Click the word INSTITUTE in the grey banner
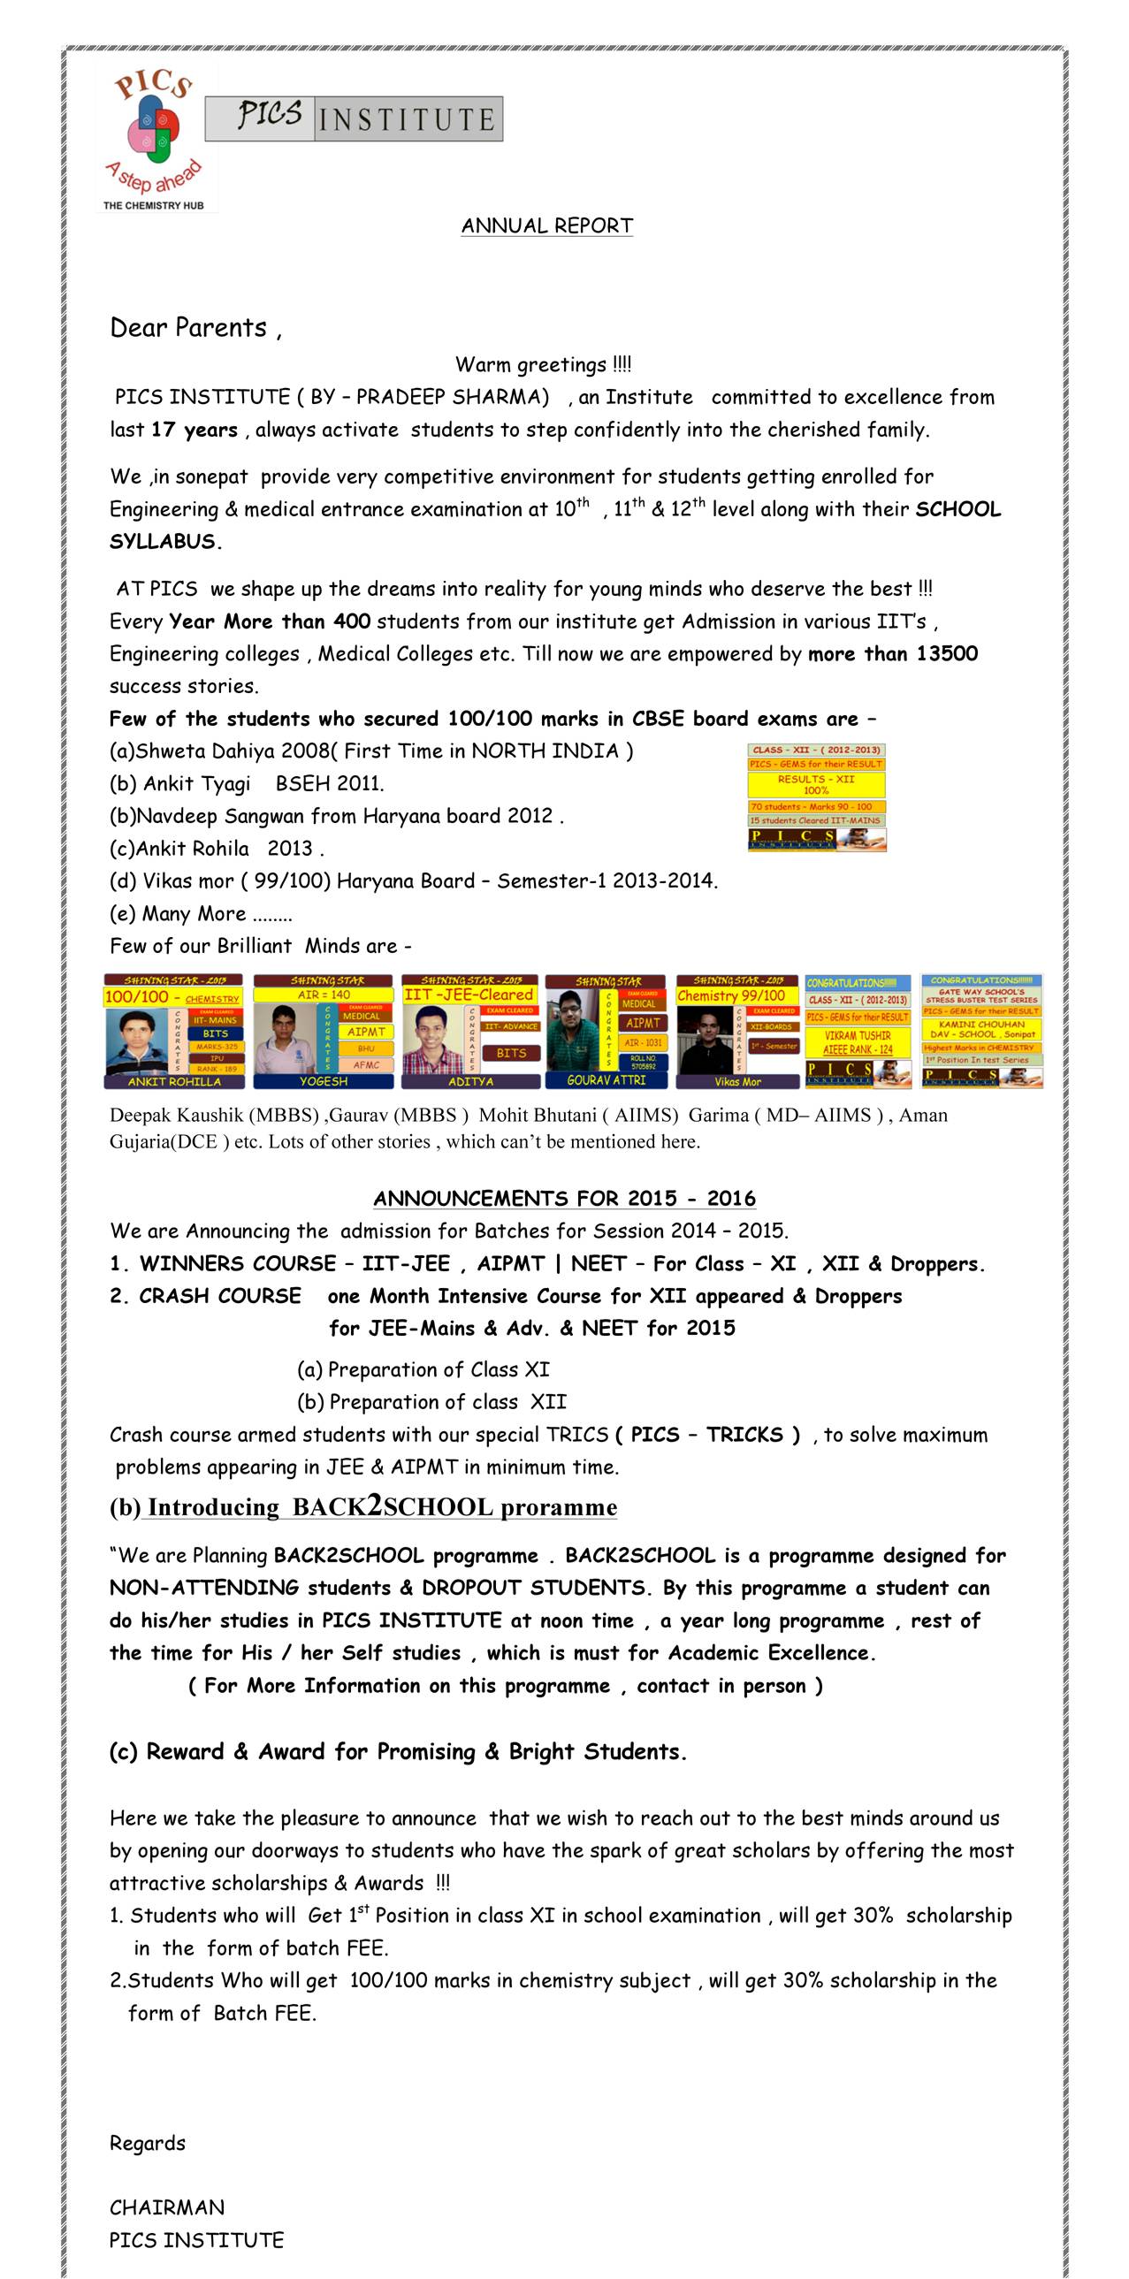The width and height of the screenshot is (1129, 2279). coord(407,119)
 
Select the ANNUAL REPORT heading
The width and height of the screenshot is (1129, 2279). coord(546,225)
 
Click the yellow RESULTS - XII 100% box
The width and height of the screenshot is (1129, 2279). coord(816,784)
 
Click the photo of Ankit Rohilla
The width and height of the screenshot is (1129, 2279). coord(136,1040)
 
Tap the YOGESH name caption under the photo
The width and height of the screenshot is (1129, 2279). coord(323,1081)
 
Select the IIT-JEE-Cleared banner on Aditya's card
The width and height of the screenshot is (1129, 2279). coord(469,995)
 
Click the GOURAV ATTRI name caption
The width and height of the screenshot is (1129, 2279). coord(606,1080)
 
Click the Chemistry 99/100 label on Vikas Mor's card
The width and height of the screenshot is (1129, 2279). coord(732,995)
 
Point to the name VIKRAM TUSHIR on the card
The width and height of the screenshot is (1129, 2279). coord(858,1035)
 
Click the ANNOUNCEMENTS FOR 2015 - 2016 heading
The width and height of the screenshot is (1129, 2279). coord(564,1198)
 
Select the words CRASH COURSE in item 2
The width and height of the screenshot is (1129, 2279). coord(219,1295)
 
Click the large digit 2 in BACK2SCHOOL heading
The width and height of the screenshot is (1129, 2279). coord(375,1505)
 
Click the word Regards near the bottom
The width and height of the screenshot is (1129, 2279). coord(148,2143)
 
